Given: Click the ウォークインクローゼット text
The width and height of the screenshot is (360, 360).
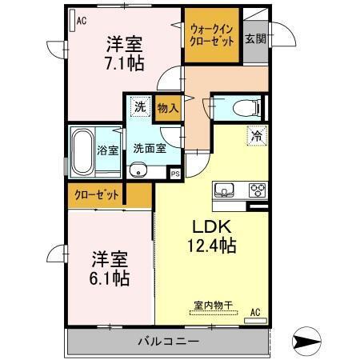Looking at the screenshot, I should point(211,35).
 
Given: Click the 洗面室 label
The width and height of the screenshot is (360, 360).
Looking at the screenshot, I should point(149,148).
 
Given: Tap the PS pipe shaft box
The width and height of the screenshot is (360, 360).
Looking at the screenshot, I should point(174,173).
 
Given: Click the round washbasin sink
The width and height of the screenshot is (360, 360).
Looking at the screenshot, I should point(138,169).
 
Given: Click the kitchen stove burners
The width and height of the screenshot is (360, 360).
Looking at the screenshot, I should point(258,190).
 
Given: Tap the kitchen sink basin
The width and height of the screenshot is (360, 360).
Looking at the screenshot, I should point(224,190).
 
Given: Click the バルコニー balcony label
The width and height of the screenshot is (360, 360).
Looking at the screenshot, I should point(167,341).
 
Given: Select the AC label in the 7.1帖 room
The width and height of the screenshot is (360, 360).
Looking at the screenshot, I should point(81,22).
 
